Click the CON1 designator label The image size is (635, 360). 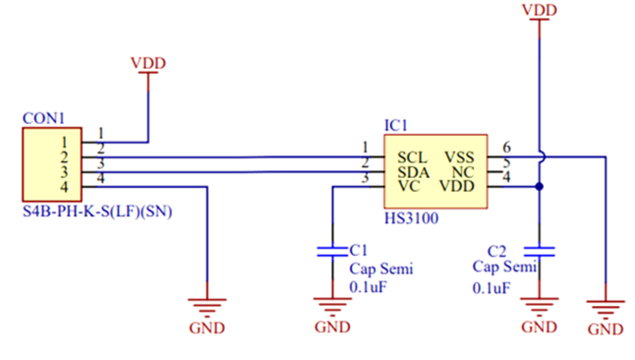point(43,119)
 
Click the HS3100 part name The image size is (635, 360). point(411,219)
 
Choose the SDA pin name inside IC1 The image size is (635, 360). point(413,172)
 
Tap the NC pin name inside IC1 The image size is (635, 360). point(464,172)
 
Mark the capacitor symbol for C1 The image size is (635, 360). point(332,252)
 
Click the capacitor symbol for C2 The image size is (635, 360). point(539,252)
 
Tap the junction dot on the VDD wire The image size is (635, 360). point(539,187)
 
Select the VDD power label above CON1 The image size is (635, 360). point(148,64)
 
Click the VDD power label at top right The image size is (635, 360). point(539,10)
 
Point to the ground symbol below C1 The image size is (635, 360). point(332,305)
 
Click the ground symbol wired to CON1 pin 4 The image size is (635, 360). point(207,305)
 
